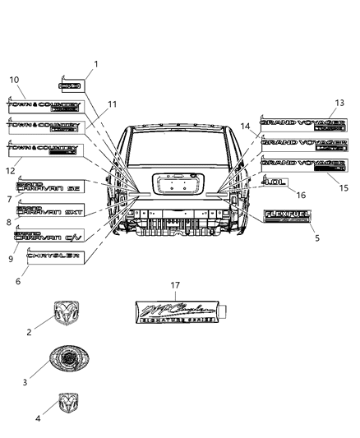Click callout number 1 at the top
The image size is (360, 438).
pyautogui.click(x=95, y=63)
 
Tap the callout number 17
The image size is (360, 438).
pyautogui.click(x=175, y=284)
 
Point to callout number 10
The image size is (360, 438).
pyautogui.click(x=14, y=80)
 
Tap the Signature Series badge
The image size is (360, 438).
pyautogui.click(x=179, y=316)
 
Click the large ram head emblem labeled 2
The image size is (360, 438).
pyautogui.click(x=66, y=312)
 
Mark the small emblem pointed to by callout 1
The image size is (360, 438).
pyautogui.click(x=71, y=85)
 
